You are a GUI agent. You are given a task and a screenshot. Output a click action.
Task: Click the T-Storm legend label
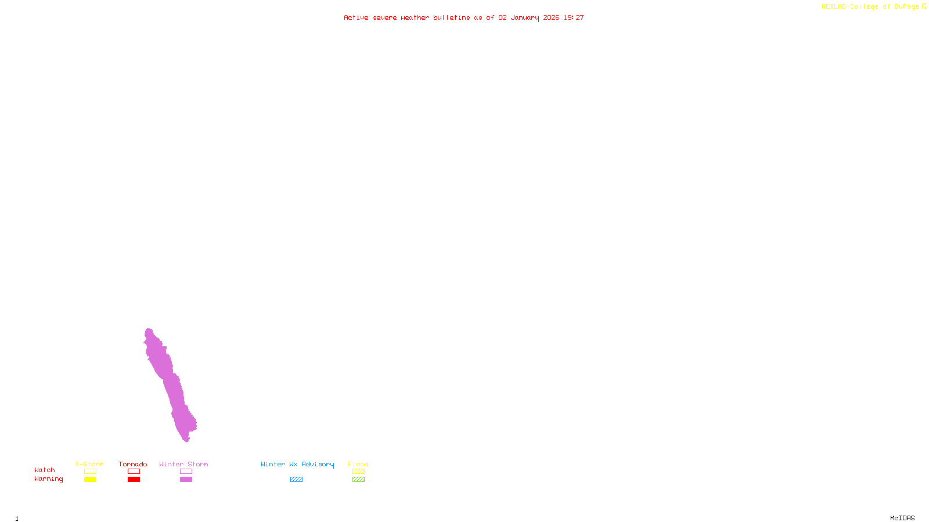(89, 464)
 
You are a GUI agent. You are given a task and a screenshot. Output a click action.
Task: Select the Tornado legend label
(133, 464)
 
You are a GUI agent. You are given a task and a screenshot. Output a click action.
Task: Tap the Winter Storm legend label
(183, 464)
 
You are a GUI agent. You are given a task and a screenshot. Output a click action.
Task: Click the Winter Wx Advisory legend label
(297, 464)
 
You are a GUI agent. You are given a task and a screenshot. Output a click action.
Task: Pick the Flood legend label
(358, 464)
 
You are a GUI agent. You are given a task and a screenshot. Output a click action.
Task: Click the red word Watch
(45, 470)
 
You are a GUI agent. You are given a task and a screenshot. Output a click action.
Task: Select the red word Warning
(49, 479)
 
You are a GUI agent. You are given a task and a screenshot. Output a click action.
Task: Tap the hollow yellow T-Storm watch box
(90, 472)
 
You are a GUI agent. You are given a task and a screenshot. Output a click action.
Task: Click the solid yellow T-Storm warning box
(90, 480)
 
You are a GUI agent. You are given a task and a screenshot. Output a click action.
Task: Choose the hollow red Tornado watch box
(134, 472)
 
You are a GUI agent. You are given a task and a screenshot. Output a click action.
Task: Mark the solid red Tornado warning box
(134, 480)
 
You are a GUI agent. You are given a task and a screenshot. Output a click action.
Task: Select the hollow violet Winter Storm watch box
(186, 472)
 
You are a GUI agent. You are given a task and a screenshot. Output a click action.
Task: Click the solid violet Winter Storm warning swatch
(186, 480)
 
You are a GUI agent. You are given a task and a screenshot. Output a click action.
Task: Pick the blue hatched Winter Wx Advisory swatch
(296, 480)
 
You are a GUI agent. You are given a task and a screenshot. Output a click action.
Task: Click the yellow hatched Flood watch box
(358, 472)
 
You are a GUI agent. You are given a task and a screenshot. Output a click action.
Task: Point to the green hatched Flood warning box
(358, 480)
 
